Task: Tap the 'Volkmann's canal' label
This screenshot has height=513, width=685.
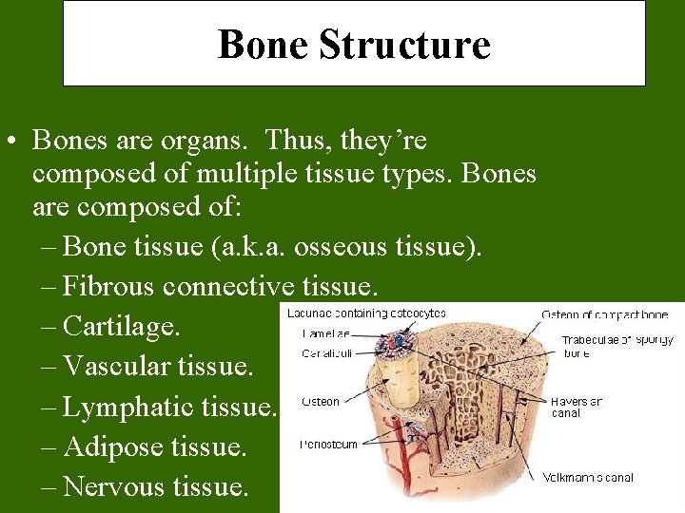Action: pyautogui.click(x=588, y=477)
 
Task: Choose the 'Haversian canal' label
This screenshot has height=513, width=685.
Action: pyautogui.click(x=576, y=407)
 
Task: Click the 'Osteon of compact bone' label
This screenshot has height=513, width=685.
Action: pyautogui.click(x=604, y=314)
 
